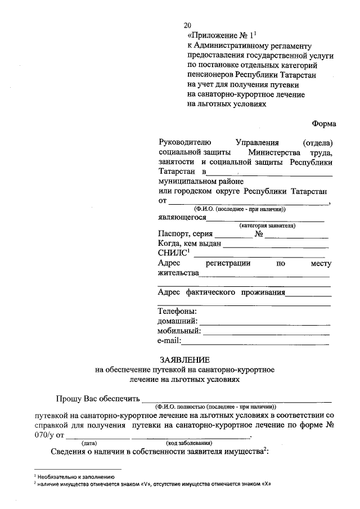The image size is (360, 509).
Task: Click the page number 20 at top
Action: [187, 25]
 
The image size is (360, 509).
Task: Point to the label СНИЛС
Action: [172, 253]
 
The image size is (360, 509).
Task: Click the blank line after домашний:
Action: [264, 323]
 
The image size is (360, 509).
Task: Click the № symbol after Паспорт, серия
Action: [259, 234]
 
